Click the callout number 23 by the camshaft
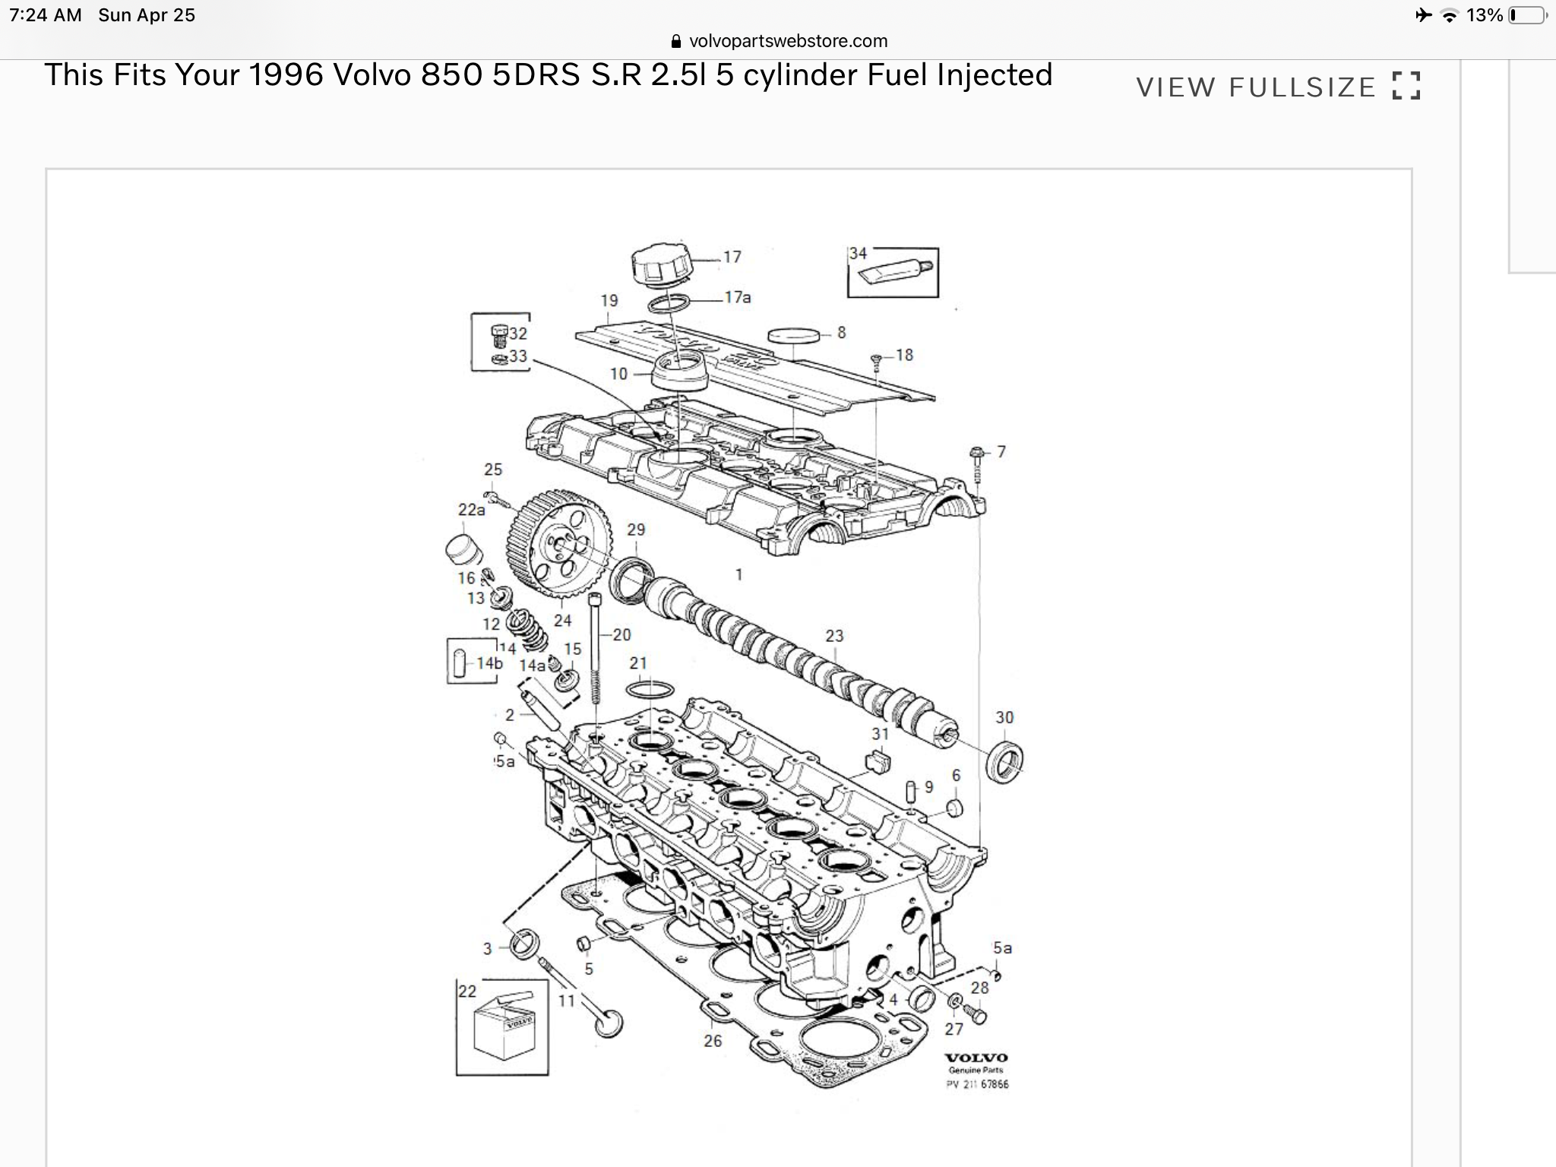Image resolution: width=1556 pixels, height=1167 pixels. click(834, 636)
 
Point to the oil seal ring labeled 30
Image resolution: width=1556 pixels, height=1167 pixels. click(1004, 761)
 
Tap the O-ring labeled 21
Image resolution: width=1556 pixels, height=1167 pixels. click(650, 690)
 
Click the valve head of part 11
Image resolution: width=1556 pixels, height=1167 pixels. click(609, 1023)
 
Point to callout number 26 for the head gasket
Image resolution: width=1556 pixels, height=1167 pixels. click(712, 1041)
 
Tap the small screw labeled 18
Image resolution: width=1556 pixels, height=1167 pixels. click(876, 358)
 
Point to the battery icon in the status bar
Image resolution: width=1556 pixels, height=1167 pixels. click(1526, 15)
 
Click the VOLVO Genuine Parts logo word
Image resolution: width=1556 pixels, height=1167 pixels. click(976, 1058)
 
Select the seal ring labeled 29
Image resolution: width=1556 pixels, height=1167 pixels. click(631, 577)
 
